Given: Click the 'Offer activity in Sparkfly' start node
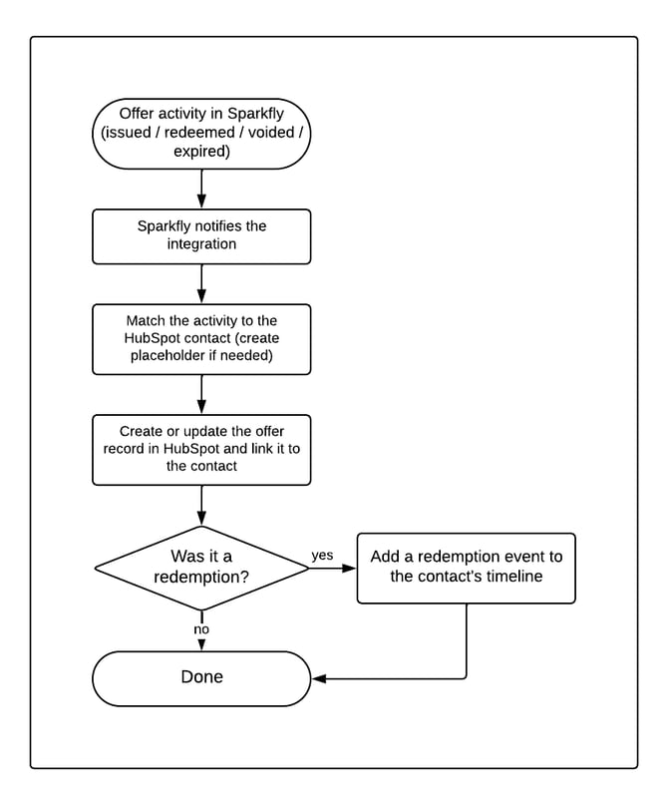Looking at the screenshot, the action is pos(201,134).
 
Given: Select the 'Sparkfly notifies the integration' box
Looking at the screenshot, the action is pos(201,236).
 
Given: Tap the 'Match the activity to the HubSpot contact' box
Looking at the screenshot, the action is pos(201,339).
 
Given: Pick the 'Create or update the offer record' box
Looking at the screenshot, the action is pos(201,450).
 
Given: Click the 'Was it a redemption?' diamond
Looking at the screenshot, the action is pos(201,569).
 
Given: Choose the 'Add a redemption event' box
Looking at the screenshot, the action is pos(467,569).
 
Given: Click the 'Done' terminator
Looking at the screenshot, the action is pos(201,678).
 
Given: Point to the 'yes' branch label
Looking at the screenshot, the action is pos(322,556).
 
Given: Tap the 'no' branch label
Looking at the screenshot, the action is pos(201,629).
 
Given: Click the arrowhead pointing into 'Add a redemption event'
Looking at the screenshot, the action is pos(349,569).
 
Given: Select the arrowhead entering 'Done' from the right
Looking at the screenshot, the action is pos(319,678).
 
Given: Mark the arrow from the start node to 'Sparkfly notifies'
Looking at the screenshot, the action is pos(201,189).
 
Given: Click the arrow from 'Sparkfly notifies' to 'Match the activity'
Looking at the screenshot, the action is pos(201,284).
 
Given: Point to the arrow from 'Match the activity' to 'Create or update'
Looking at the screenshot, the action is pos(201,395).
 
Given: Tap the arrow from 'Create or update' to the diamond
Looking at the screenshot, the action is pos(201,505).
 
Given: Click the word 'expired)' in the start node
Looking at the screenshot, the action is pos(201,152).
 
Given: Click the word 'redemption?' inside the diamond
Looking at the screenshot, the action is pos(201,577).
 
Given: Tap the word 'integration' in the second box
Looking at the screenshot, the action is pos(201,243).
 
